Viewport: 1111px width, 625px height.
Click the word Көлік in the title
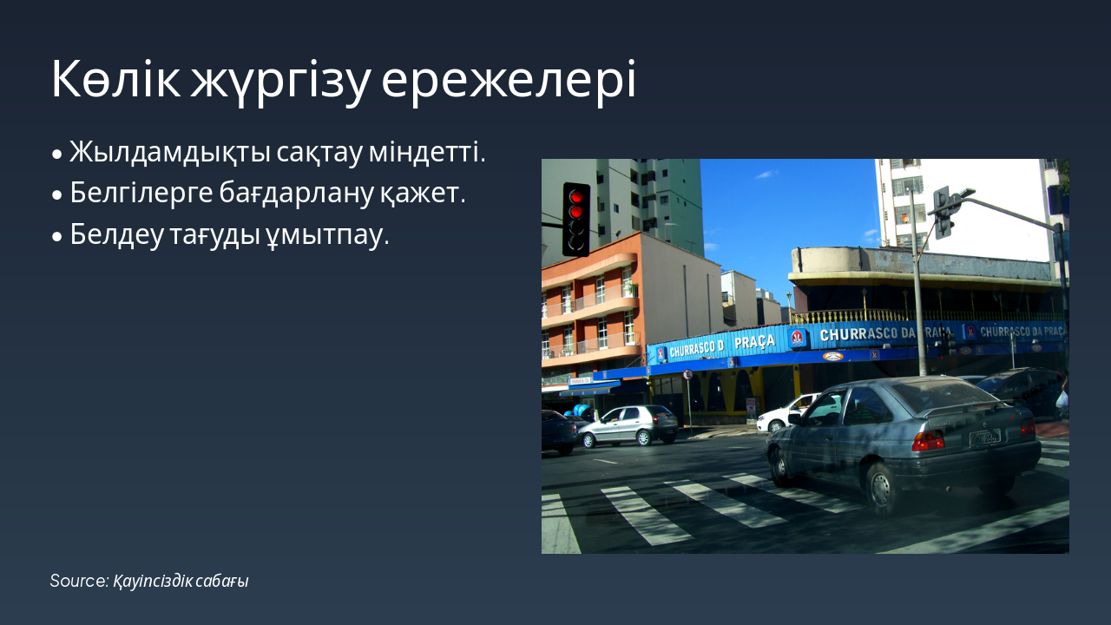pos(115,81)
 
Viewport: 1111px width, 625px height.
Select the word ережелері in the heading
pos(509,81)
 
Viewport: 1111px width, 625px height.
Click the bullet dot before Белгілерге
pos(57,195)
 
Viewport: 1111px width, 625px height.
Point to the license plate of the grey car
pos(985,438)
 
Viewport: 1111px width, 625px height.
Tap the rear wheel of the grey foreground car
pos(880,488)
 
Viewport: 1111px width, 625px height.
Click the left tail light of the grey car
pos(928,441)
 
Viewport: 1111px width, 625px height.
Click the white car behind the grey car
pos(786,414)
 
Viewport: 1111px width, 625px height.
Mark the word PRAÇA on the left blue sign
pos(754,341)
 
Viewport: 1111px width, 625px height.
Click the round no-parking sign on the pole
pos(687,374)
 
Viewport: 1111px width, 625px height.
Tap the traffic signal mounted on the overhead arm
pos(943,212)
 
